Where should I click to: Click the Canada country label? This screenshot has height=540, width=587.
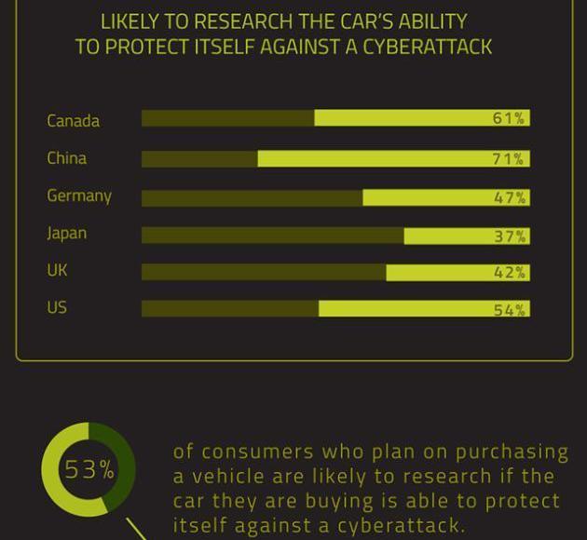pos(73,121)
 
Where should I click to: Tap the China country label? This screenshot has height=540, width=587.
pos(67,158)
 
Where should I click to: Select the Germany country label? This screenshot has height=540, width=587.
pos(79,196)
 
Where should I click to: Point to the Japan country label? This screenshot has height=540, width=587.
pos(67,233)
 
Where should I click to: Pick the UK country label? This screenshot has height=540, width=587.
pos(58,270)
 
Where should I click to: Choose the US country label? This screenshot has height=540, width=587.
pos(58,307)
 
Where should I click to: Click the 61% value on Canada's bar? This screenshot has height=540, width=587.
pos(509,118)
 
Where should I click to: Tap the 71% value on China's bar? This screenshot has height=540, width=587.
pos(509,159)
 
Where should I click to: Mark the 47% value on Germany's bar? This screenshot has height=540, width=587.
pos(509,197)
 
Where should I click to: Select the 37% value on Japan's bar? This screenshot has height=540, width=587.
pos(509,236)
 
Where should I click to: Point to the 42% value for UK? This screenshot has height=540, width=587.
pos(509,273)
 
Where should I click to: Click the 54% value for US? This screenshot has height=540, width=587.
pos(509,310)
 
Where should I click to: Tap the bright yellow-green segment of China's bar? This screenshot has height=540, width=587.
pos(373,159)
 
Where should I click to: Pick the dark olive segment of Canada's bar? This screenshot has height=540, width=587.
pos(227,118)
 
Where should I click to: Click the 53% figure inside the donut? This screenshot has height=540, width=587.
pos(89,469)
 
